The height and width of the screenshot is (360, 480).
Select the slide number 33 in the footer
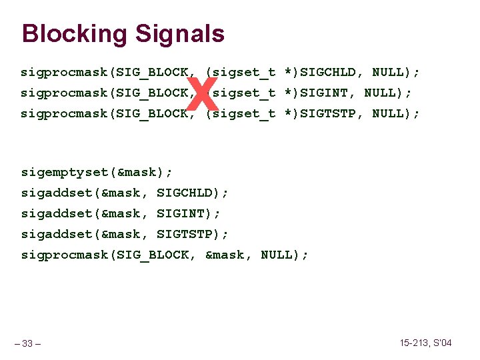(x=27, y=344)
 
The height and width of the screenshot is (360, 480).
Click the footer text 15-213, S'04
(x=425, y=343)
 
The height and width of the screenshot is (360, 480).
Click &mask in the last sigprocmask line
(x=225, y=255)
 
